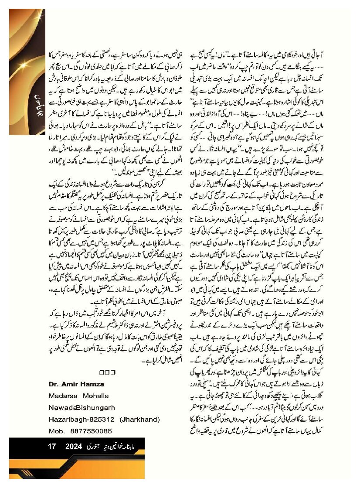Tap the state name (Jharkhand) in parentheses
point(139,419)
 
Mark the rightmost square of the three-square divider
point(113,373)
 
